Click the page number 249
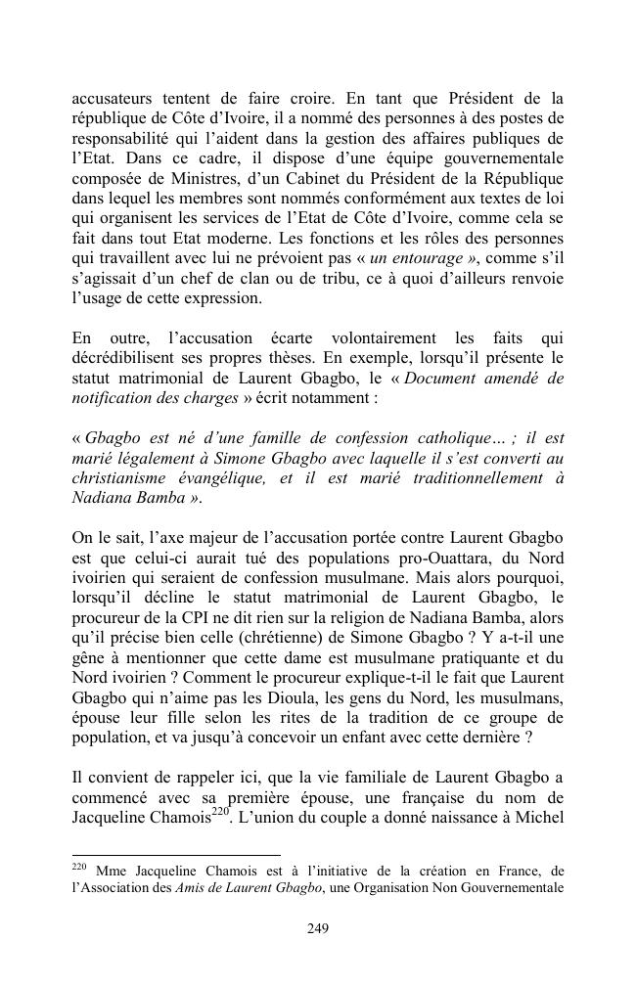click(x=317, y=928)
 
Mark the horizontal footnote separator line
click(x=176, y=855)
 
